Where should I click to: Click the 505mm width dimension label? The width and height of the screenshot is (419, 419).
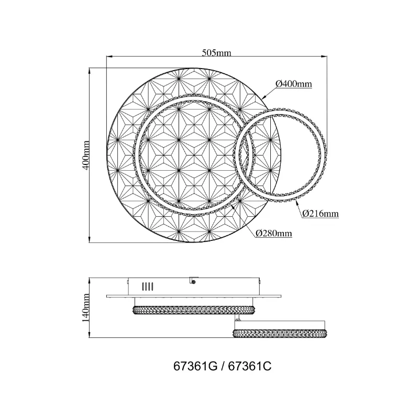click(x=216, y=53)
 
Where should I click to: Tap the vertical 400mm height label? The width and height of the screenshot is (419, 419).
click(x=86, y=155)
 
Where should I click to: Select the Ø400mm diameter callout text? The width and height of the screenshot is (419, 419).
click(x=294, y=84)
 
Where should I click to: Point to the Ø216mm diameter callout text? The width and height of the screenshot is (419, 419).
click(x=321, y=214)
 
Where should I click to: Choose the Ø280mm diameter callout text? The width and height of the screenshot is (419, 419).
click(x=273, y=234)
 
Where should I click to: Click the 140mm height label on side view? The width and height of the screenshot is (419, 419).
click(x=86, y=308)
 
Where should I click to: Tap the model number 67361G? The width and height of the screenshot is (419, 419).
click(x=195, y=366)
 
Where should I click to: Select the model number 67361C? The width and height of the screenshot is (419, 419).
click(x=250, y=366)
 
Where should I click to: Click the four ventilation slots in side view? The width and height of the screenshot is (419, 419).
click(x=148, y=286)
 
